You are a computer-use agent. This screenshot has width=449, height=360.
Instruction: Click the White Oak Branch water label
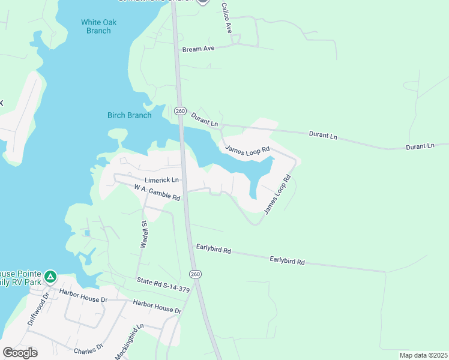(99, 26)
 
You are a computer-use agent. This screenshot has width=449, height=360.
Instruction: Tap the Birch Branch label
(129, 115)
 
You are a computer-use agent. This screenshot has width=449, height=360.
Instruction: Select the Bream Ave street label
(199, 48)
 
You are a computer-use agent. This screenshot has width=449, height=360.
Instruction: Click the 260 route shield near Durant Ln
(180, 111)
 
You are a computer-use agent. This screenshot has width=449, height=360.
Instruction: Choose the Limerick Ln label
(161, 180)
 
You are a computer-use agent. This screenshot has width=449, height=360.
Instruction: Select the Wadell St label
(145, 233)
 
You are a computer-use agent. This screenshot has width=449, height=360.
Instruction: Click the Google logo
(20, 352)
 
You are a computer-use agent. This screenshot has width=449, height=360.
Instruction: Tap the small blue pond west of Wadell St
(88, 233)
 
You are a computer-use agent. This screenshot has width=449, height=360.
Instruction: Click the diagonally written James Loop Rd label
(278, 194)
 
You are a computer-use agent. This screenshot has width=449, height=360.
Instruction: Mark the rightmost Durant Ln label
(420, 146)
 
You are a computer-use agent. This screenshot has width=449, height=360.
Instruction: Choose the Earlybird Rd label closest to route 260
(214, 248)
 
